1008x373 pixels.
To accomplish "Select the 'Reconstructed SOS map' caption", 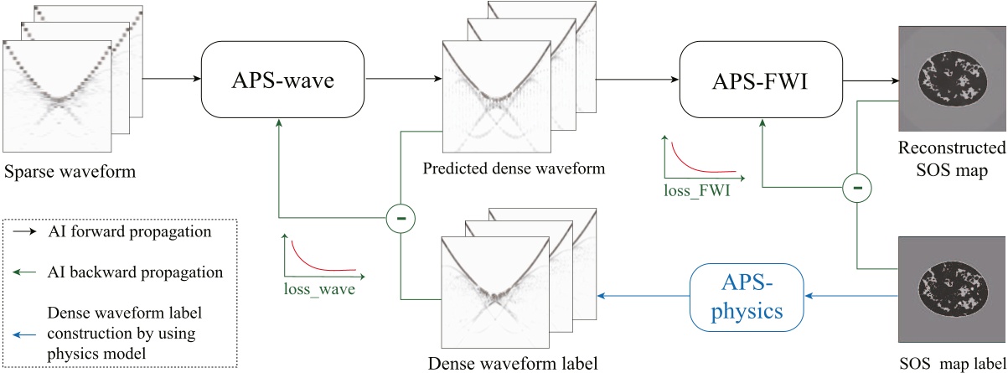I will tap(952, 158).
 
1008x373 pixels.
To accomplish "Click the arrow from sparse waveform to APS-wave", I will tap(172, 80).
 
